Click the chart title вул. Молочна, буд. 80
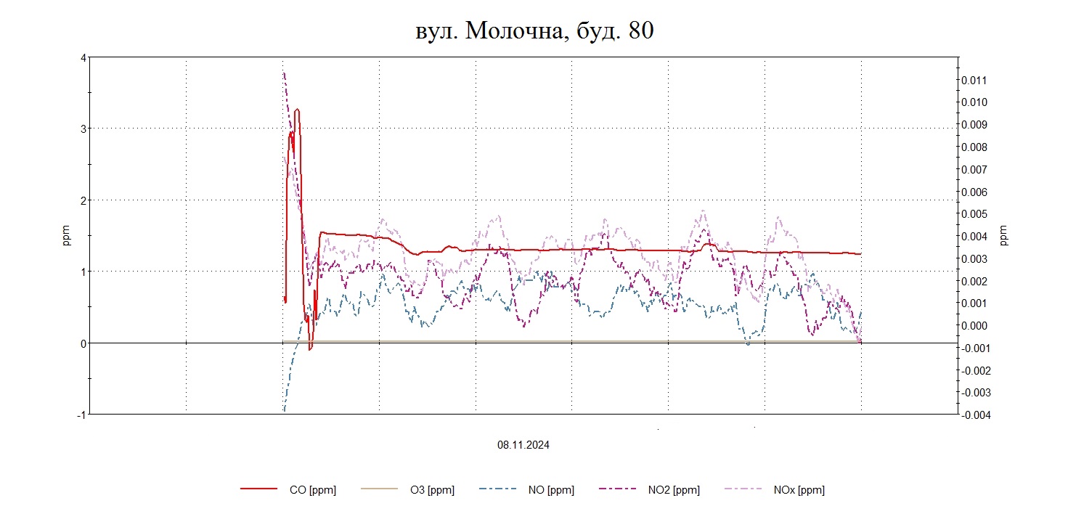coord(534,30)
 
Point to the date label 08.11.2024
coord(523,445)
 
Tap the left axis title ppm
coord(66,236)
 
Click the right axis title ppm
coord(1004,236)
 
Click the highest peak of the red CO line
coord(297,110)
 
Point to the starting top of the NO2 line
coord(284,73)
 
